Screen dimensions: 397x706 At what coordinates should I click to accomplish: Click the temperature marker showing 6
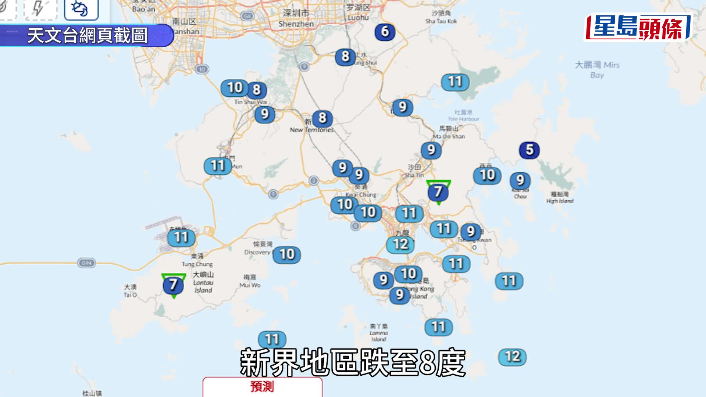385,32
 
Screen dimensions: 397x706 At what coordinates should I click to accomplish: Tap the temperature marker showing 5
529,150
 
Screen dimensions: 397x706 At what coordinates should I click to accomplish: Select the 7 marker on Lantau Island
173,285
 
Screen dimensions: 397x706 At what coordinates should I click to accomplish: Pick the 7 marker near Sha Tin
438,192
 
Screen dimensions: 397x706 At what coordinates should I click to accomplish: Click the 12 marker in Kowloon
400,244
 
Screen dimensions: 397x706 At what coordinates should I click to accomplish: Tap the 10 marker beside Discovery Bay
287,254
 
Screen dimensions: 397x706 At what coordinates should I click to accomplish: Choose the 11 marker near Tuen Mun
218,166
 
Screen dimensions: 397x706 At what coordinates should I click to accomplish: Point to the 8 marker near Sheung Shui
345,57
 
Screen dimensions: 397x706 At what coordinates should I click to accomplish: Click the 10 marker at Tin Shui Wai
235,88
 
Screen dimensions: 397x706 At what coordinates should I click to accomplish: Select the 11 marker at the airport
181,237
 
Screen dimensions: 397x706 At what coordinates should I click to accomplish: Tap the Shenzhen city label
296,18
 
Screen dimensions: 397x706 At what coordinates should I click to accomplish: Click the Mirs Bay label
597,70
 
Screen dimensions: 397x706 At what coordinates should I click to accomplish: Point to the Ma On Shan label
449,132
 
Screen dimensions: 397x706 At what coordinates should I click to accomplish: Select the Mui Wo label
250,281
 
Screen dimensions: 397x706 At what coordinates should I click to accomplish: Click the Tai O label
130,290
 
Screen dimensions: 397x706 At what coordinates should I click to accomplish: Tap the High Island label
560,197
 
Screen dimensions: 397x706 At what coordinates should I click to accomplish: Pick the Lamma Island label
379,332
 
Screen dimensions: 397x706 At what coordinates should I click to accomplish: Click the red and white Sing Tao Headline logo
638,28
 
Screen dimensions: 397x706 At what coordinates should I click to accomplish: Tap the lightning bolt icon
39,9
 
